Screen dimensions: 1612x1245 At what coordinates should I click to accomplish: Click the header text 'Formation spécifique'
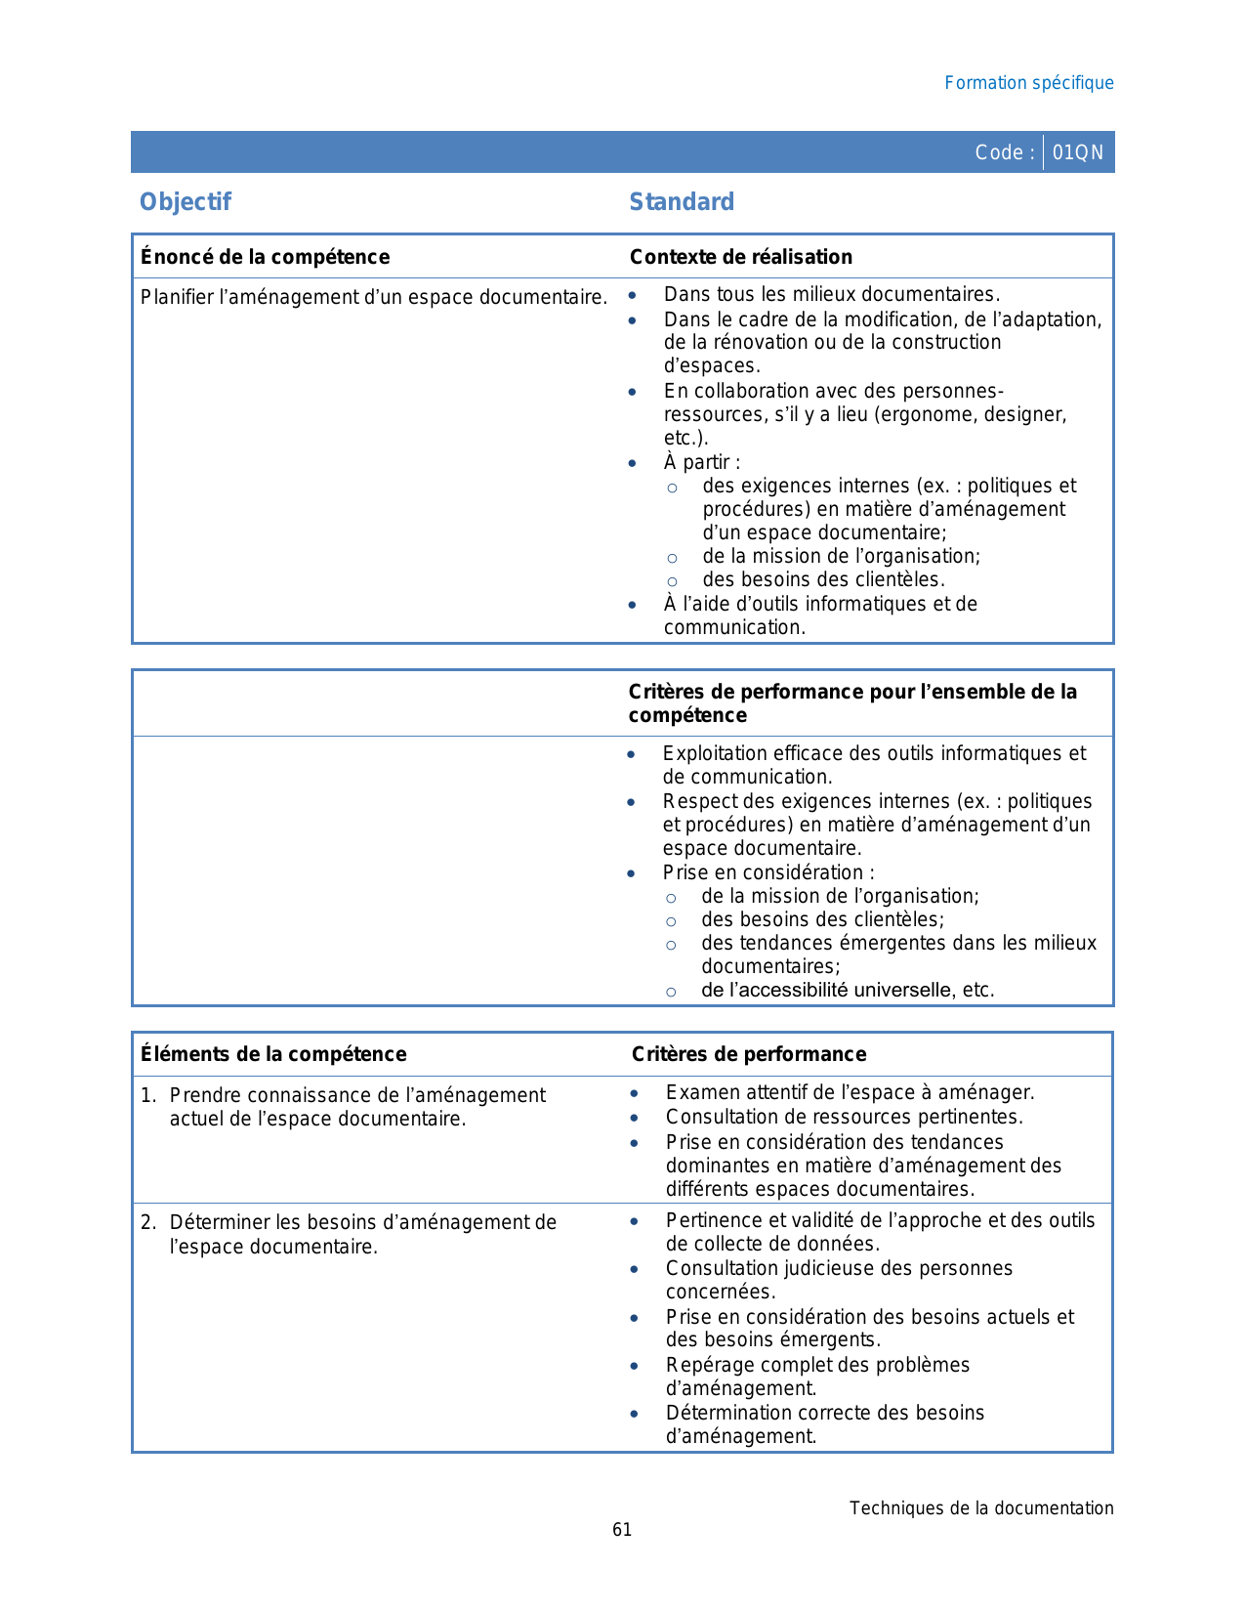coord(1028,83)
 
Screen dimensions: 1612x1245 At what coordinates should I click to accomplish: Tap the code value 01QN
coord(1078,152)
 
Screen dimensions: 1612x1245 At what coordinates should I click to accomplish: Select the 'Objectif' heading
coord(186,202)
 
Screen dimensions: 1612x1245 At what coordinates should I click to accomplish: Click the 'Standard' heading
coord(682,202)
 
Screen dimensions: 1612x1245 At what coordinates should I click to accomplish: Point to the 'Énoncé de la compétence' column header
coord(265,257)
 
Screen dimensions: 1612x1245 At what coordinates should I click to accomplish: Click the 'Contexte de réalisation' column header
coord(740,257)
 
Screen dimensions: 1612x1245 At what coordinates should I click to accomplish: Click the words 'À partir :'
coord(701,462)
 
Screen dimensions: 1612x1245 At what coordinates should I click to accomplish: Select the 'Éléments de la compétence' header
coord(273,1054)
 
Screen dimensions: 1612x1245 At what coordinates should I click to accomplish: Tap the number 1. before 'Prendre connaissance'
coord(147,1095)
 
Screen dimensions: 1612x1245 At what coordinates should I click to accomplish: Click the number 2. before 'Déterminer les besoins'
coord(147,1222)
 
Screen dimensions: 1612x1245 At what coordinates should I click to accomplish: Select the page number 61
coord(622,1530)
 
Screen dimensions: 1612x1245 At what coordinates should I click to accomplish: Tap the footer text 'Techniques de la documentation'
coord(980,1508)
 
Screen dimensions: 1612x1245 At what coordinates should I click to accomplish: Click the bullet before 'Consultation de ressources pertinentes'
coord(635,1118)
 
